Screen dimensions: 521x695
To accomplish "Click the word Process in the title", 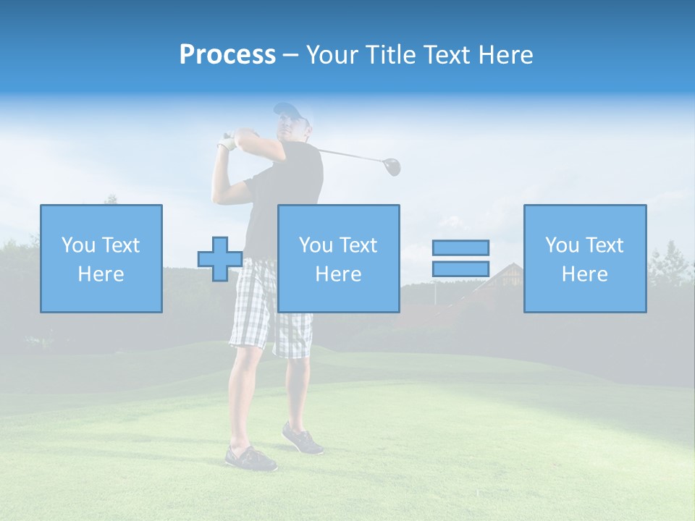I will [227, 55].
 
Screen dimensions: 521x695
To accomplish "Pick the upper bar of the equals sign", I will [460, 247].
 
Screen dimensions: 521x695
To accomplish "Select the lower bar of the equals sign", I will [460, 269].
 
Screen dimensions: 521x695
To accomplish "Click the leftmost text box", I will [101, 258].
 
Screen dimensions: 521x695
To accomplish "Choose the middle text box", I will [339, 258].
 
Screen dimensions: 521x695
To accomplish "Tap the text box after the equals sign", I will [585, 258].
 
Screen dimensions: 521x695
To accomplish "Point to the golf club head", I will [392, 167].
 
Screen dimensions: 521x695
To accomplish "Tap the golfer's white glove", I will [229, 142].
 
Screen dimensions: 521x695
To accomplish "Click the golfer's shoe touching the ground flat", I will [250, 458].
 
